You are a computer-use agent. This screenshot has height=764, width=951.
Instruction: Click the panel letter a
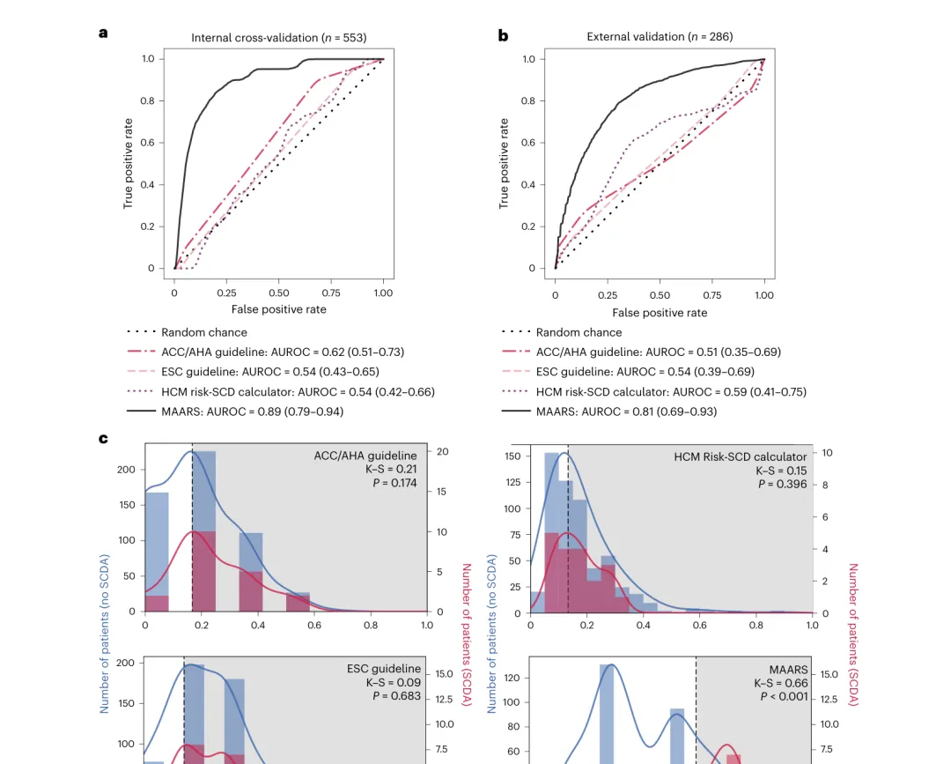click(x=103, y=33)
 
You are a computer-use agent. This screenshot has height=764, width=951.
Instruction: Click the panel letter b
click(x=503, y=35)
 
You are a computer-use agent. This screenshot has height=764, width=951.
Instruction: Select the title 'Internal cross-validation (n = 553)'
click(x=279, y=38)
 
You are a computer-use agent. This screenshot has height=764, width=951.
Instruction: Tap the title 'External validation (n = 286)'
click(x=660, y=37)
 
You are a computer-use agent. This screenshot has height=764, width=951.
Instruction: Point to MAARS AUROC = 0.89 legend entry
click(x=252, y=412)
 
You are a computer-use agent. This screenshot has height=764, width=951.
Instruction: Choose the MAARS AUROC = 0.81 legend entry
click(x=626, y=412)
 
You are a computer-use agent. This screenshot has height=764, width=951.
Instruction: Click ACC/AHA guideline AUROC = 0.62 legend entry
click(x=282, y=352)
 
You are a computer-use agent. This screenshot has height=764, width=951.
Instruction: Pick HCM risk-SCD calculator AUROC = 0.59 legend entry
click(x=671, y=391)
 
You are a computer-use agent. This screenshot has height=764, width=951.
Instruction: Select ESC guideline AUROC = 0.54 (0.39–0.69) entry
click(x=645, y=372)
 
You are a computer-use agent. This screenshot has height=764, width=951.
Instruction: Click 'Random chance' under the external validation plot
click(x=579, y=333)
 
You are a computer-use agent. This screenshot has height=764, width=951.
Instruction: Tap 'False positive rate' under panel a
click(x=279, y=309)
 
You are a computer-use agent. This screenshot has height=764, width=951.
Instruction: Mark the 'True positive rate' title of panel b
click(x=504, y=163)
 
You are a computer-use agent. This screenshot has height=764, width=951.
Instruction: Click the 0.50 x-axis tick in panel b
click(x=660, y=295)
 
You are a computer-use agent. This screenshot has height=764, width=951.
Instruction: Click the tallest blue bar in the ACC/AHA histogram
click(x=203, y=529)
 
